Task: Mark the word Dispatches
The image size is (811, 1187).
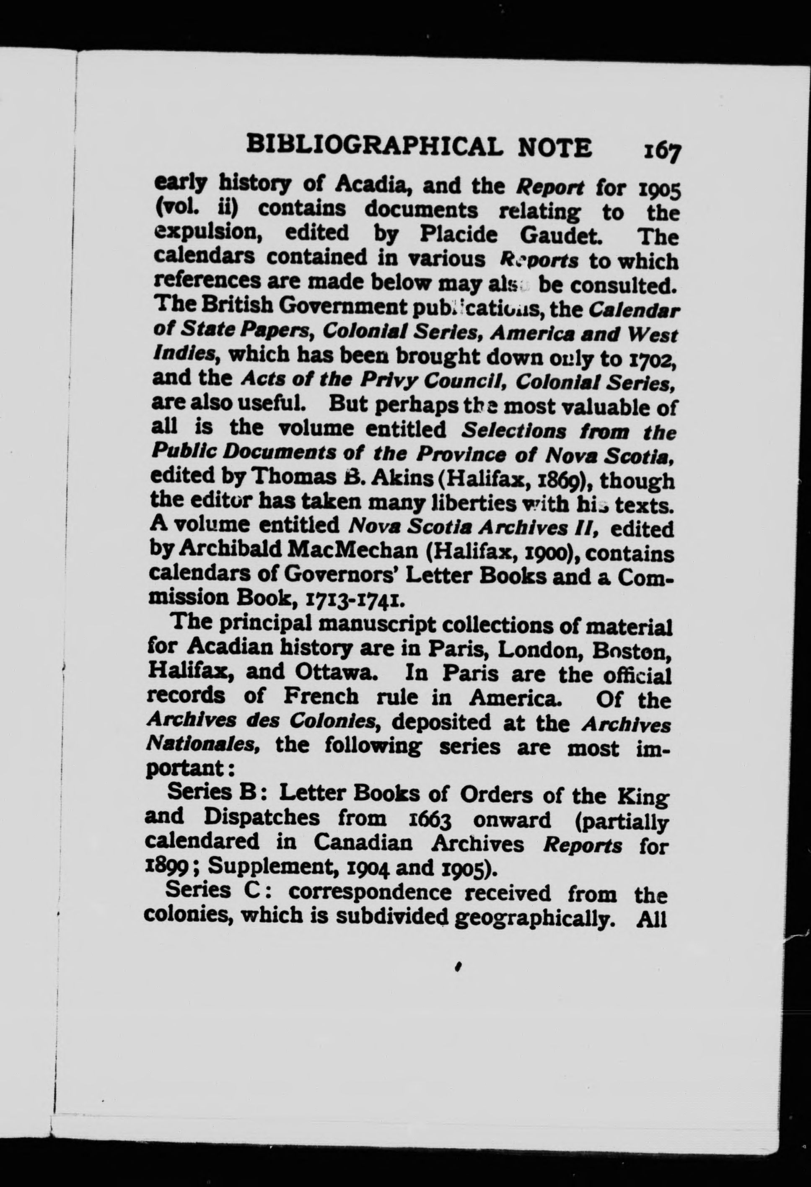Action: pos(262,818)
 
